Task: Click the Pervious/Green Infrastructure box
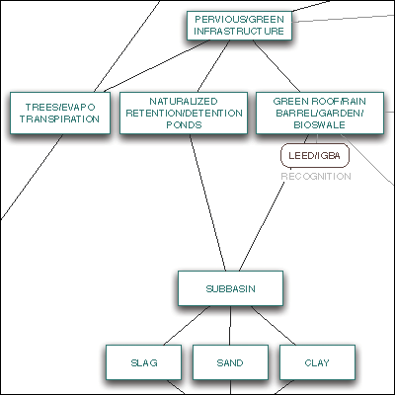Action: click(x=239, y=26)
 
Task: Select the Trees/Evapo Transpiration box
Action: click(x=60, y=113)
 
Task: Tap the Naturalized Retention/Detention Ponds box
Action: click(x=184, y=113)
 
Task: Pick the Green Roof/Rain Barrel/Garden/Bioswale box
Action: click(x=320, y=113)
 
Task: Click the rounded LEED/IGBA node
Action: click(x=315, y=155)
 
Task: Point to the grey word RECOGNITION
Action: click(x=316, y=177)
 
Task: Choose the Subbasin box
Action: click(x=230, y=288)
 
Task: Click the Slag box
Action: click(x=143, y=362)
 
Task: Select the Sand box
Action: click(x=230, y=362)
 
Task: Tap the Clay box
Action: click(x=317, y=362)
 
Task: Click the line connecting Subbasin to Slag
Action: click(x=187, y=326)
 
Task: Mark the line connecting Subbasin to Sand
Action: click(x=230, y=326)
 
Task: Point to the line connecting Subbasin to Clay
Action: click(x=274, y=326)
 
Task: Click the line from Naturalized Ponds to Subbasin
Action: click(x=207, y=202)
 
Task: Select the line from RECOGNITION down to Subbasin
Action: click(x=262, y=226)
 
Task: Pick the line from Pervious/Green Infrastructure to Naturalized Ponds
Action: click(x=213, y=66)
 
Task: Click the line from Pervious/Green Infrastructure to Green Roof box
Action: click(x=276, y=66)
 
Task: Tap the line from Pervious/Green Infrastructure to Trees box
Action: click(x=157, y=66)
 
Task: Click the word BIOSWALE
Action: click(x=320, y=125)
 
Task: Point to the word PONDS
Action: click(x=184, y=125)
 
